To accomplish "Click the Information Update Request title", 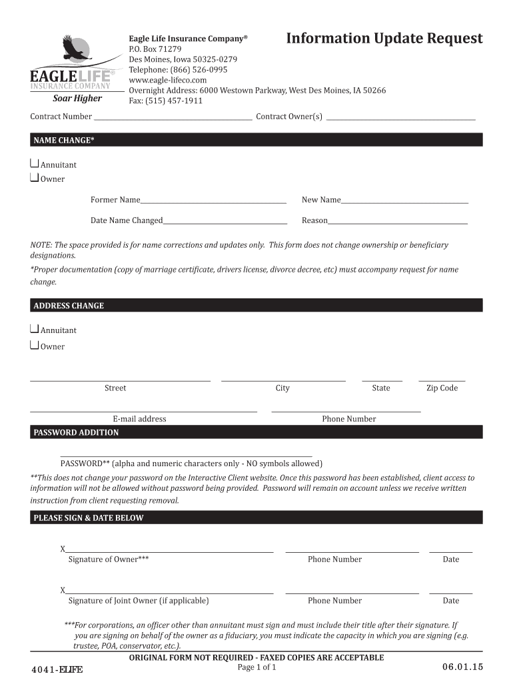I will (x=384, y=39).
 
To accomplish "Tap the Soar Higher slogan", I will (x=77, y=99).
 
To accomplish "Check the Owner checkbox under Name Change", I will (x=35, y=178).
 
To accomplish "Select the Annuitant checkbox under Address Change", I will (x=35, y=329).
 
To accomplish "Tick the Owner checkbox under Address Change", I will (x=35, y=345).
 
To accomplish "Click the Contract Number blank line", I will (x=173, y=117).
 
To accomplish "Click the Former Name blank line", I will (x=213, y=200).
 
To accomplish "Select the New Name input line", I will (x=404, y=200).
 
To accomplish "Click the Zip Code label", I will (x=442, y=388).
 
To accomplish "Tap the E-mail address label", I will (x=139, y=419).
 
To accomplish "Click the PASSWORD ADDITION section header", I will (x=76, y=433).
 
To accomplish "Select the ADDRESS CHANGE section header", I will (x=69, y=306).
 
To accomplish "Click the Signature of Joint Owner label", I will (x=139, y=601).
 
